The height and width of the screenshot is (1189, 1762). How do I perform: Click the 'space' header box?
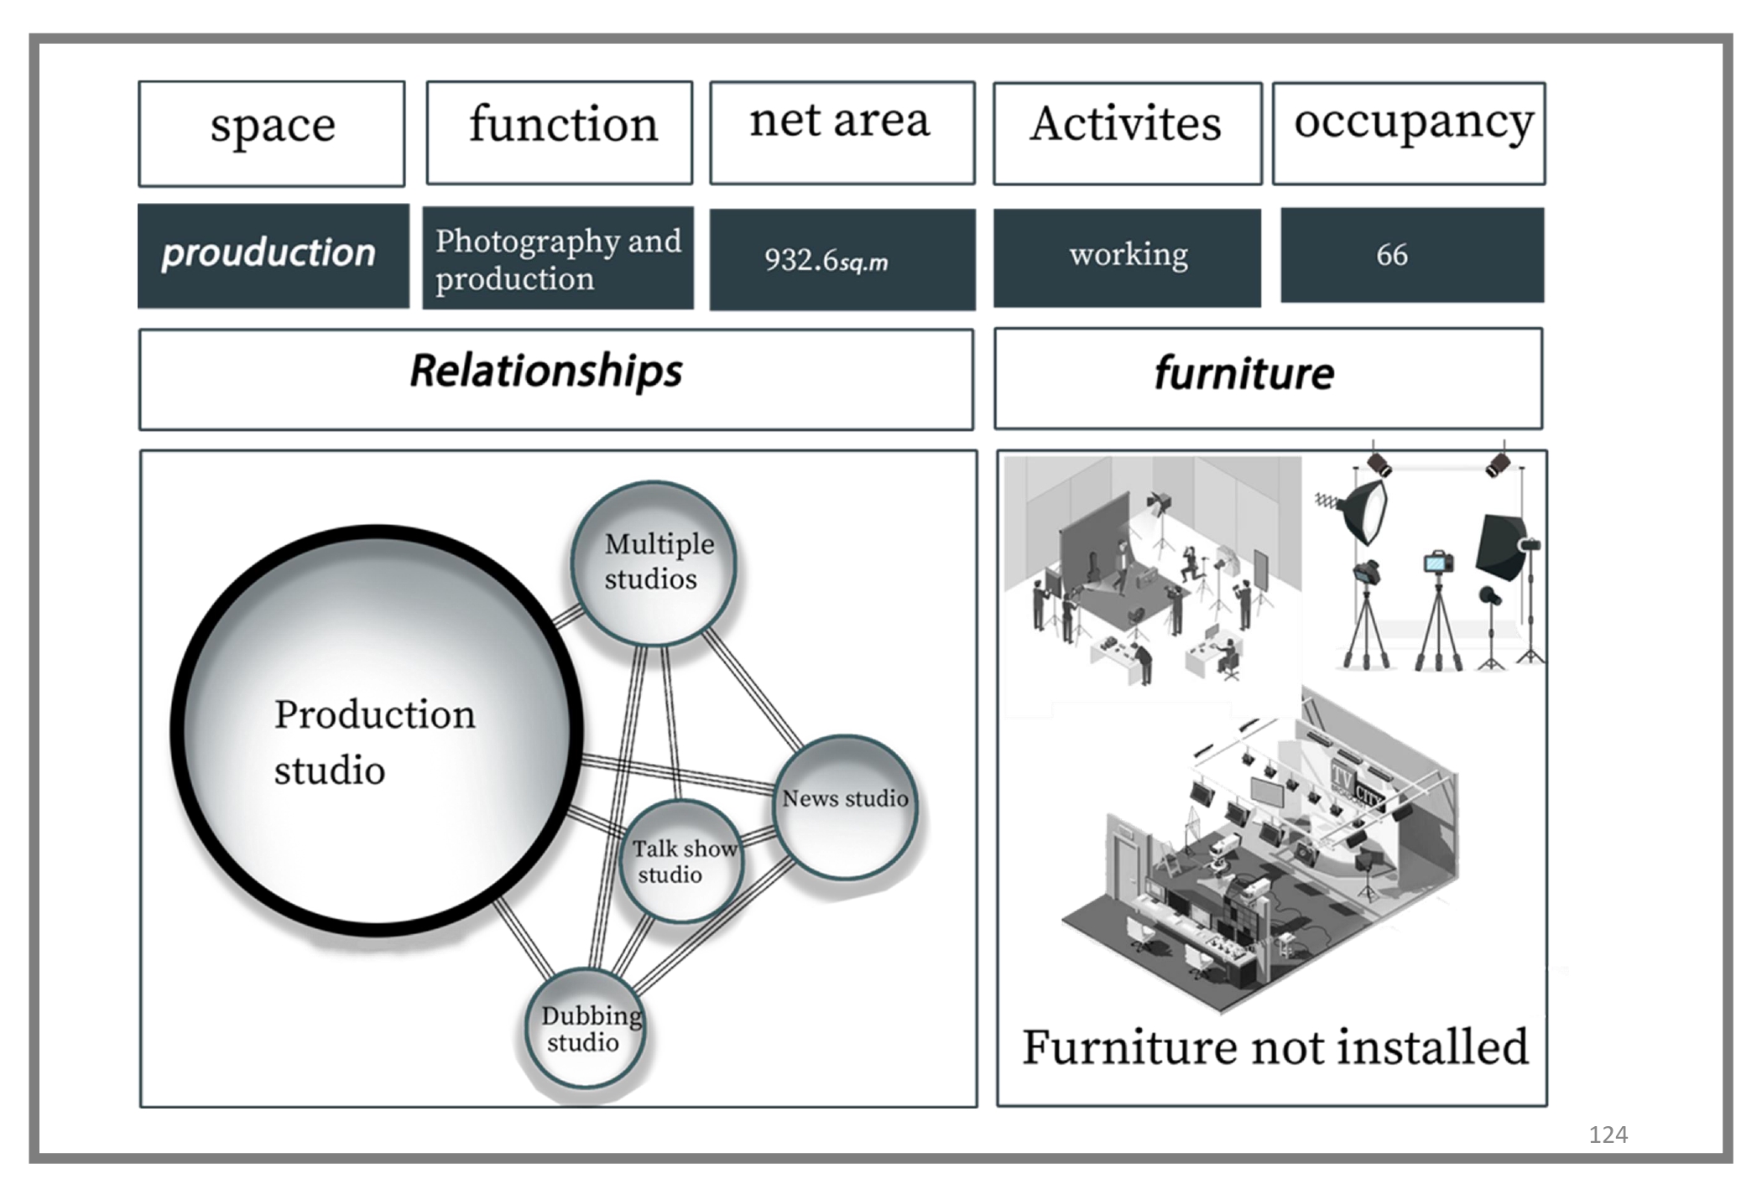click(x=272, y=133)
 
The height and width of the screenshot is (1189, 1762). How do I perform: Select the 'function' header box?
click(x=560, y=132)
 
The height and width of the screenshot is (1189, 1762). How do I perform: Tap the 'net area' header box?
click(x=842, y=132)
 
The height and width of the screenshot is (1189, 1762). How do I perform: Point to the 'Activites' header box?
click(x=1127, y=132)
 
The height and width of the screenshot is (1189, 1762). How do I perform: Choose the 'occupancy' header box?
click(x=1409, y=132)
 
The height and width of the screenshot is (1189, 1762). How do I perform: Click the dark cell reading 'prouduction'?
click(x=273, y=256)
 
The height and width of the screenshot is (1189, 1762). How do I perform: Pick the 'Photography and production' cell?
click(x=558, y=258)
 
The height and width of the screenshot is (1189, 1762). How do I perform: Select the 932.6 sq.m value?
click(x=842, y=259)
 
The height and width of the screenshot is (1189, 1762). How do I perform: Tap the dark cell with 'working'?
click(x=1127, y=257)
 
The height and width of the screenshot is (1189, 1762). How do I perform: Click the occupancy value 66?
click(x=1411, y=255)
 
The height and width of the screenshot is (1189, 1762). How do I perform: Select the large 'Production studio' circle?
click(x=376, y=730)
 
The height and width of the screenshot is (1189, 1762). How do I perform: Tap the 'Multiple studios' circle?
click(x=654, y=563)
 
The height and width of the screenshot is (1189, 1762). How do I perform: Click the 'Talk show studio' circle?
click(x=681, y=862)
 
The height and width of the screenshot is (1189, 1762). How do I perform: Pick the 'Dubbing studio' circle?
click(x=586, y=1029)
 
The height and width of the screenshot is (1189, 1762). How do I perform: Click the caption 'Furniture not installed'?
click(x=1275, y=1048)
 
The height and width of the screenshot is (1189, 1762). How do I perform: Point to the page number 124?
click(x=1608, y=1135)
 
